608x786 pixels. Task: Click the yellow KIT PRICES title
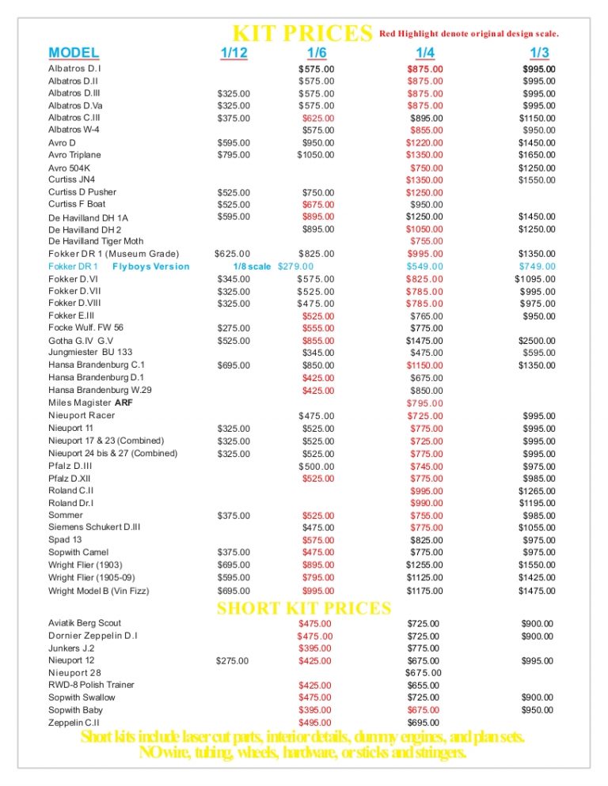click(x=302, y=34)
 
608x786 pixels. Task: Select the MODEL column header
click(x=74, y=54)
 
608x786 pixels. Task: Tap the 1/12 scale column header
click(x=234, y=54)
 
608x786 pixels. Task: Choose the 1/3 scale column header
click(x=539, y=54)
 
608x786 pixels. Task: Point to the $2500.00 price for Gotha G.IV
click(x=537, y=341)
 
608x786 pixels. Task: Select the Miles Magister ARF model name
click(x=90, y=402)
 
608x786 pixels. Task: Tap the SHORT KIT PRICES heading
click(x=304, y=608)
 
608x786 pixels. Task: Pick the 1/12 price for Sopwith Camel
click(x=234, y=553)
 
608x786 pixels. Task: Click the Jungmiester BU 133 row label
click(x=90, y=353)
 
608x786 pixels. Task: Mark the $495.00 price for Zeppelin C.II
click(x=315, y=723)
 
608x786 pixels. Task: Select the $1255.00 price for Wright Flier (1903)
click(x=424, y=565)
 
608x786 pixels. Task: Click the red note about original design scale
click(x=469, y=34)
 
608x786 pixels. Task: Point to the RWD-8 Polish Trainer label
click(x=91, y=685)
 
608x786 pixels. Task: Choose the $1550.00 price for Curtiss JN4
click(x=537, y=180)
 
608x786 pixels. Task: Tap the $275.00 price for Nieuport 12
click(x=234, y=661)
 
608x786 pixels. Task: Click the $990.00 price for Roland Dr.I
click(x=426, y=504)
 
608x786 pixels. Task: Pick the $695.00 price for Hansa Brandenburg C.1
click(x=234, y=365)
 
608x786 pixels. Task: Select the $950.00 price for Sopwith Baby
click(x=538, y=710)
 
